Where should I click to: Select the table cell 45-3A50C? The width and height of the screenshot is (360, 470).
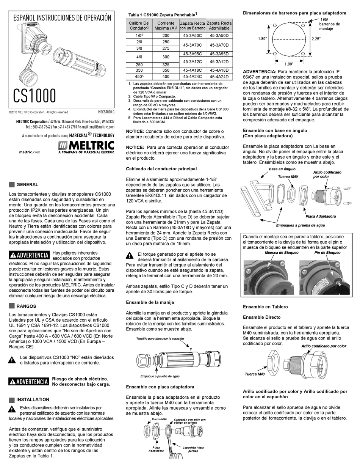[x=193, y=35]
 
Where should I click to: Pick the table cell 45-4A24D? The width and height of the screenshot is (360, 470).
[x=219, y=76]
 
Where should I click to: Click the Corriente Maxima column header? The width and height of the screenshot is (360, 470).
[x=166, y=25]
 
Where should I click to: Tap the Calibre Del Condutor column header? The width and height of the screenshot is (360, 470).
[x=139, y=25]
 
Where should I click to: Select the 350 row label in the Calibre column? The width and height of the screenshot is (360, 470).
[x=139, y=70]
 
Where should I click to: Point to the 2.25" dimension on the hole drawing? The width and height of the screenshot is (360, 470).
[x=316, y=39]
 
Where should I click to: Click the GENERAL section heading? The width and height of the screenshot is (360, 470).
[x=27, y=185]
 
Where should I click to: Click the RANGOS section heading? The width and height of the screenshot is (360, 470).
[x=26, y=306]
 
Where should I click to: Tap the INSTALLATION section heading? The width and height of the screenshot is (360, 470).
[x=33, y=399]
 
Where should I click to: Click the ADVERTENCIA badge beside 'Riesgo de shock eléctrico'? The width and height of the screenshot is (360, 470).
[x=29, y=382]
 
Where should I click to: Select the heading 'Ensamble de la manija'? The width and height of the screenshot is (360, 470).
[x=150, y=302]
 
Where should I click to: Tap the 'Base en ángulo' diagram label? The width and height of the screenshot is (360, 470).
[x=282, y=169]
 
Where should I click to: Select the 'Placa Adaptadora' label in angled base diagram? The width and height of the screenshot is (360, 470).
[x=320, y=216]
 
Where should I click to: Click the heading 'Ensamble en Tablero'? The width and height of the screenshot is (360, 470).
[x=265, y=307]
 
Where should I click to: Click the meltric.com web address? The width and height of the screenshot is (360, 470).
[x=30, y=152]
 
